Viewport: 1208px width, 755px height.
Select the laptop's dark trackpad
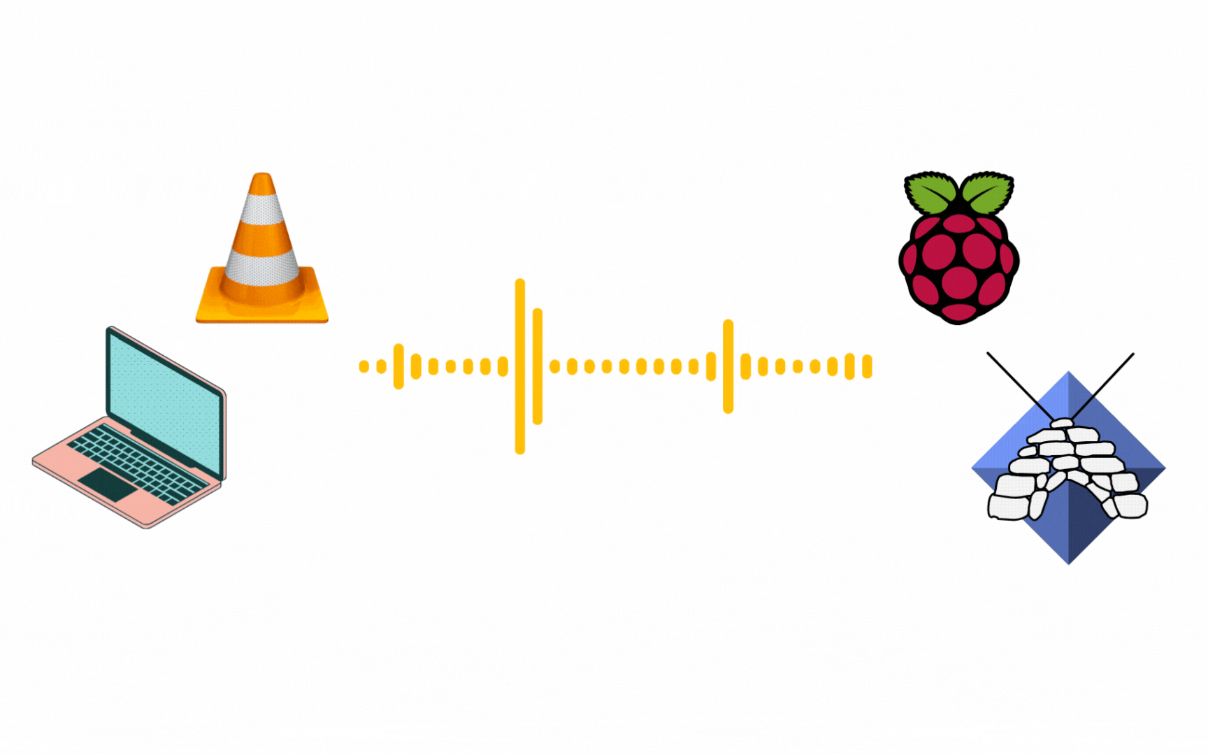[108, 484]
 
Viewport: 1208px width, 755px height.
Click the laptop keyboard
[136, 461]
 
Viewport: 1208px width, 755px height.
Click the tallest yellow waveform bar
[520, 366]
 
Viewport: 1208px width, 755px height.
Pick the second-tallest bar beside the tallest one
[538, 366]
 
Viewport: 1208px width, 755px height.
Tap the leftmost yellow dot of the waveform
[364, 366]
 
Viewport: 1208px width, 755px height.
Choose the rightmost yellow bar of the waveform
[867, 366]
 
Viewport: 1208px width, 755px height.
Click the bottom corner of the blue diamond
[1069, 559]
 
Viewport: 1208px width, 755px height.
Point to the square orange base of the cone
[262, 311]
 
